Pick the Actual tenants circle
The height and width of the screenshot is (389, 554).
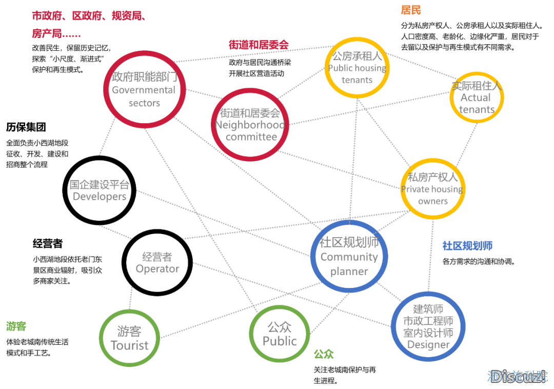(x=477, y=98)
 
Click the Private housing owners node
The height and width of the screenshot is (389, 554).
(x=433, y=189)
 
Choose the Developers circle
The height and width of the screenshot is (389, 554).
(x=100, y=190)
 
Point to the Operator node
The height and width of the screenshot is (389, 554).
(x=157, y=262)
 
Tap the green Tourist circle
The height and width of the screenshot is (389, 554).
(x=129, y=338)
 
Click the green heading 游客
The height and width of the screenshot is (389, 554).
(x=16, y=326)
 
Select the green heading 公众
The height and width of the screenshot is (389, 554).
(x=324, y=354)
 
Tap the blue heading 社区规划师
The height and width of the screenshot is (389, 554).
(x=467, y=246)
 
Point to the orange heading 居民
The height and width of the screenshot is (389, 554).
(x=411, y=10)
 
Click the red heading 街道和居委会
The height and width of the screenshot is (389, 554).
(x=259, y=45)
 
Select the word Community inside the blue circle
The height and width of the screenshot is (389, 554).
(x=349, y=257)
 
